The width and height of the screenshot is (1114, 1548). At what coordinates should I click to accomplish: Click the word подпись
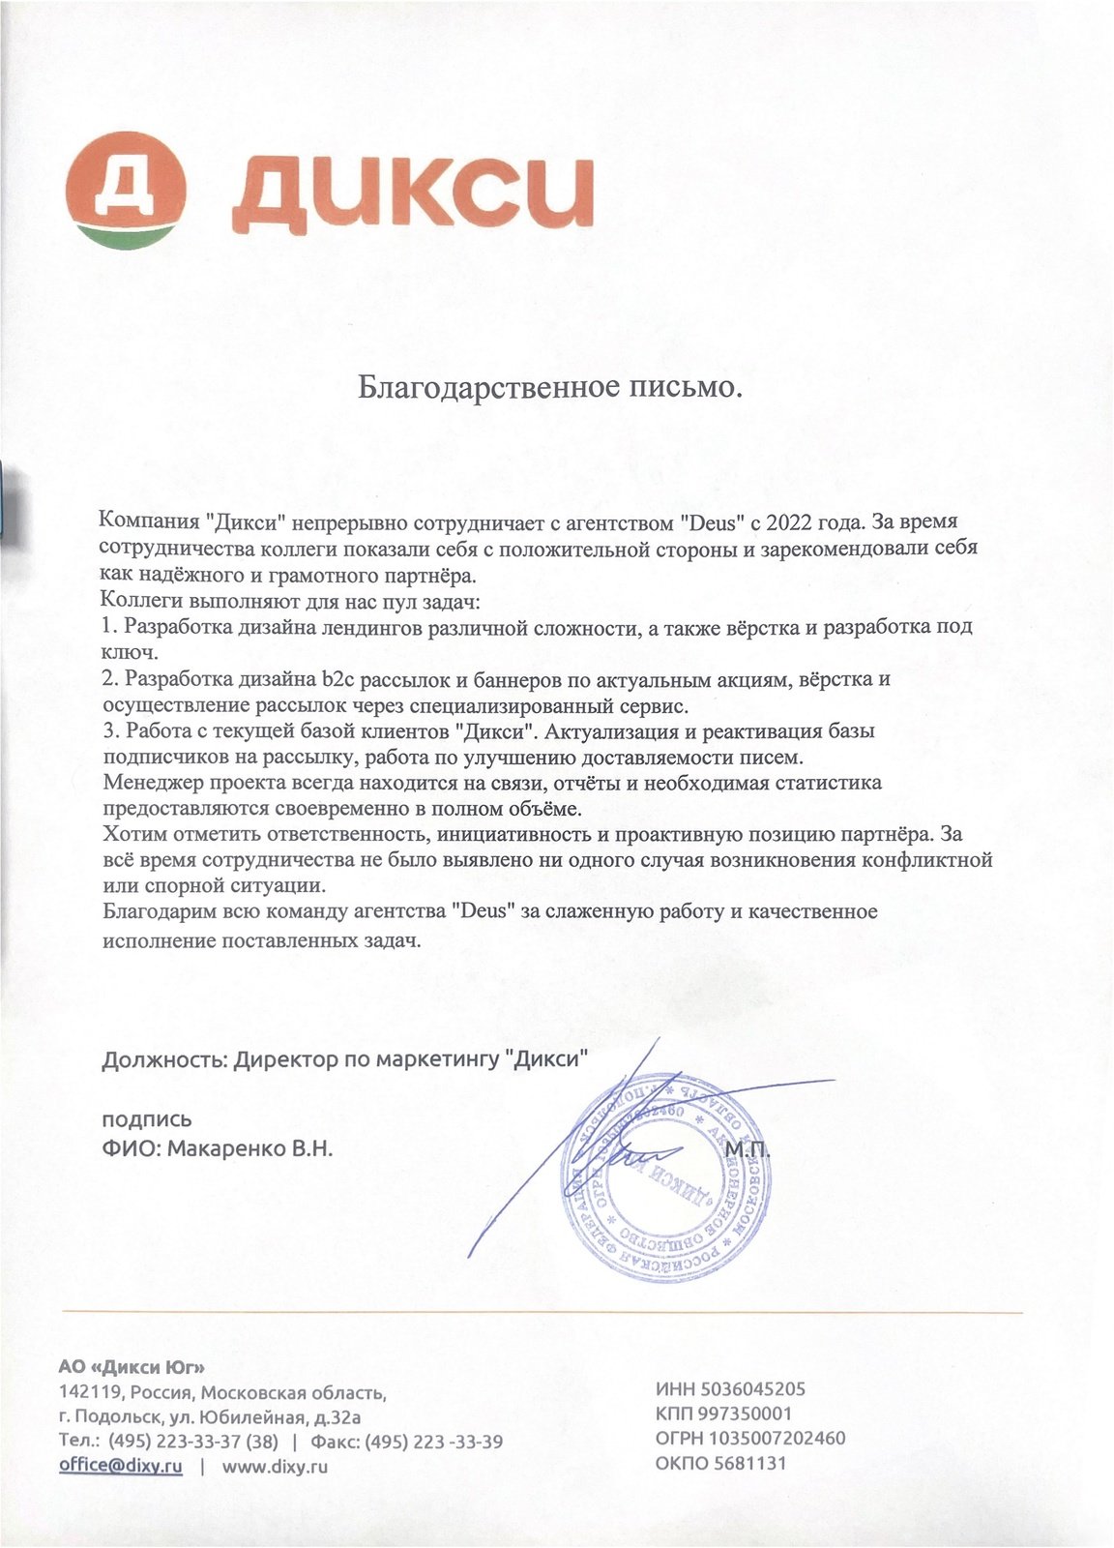point(147,1120)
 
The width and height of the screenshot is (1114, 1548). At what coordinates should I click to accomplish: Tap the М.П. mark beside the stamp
point(745,1150)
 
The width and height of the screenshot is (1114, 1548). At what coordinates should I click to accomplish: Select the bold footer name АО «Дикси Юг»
point(132,1368)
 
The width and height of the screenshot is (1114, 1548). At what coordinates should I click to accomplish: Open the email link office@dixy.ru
point(121,1466)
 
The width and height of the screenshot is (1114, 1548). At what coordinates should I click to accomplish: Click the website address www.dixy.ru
point(276,1467)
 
